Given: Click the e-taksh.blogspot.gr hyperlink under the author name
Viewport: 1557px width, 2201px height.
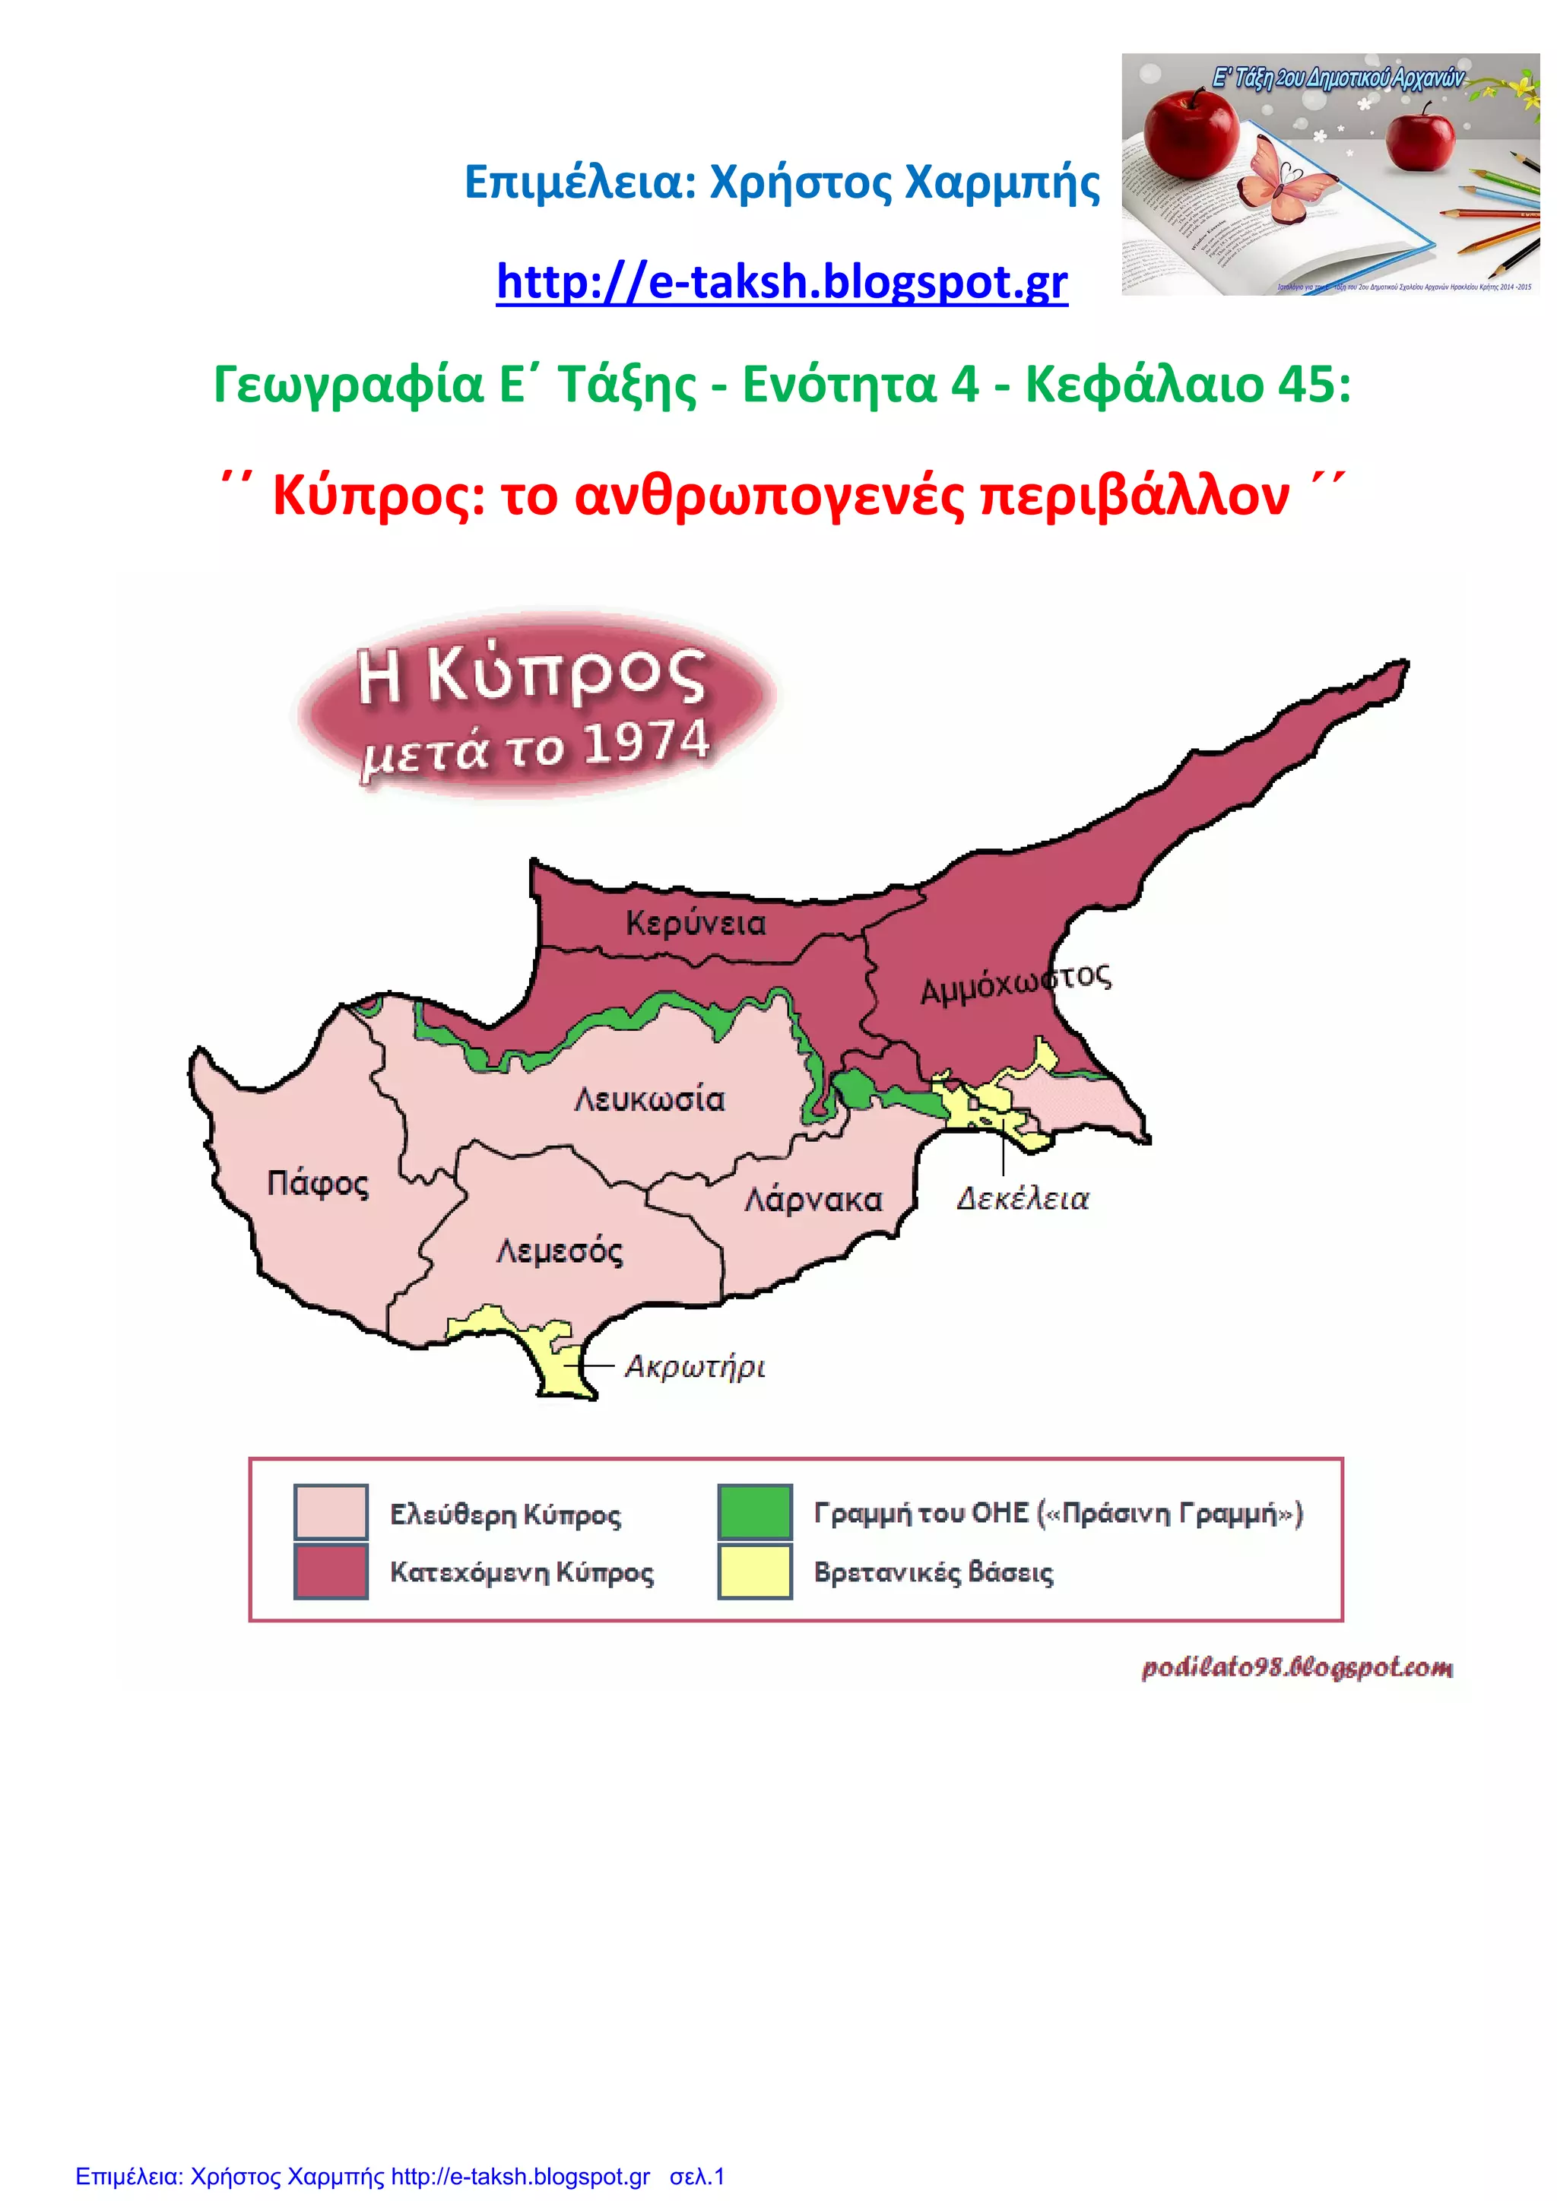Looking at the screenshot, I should point(782,282).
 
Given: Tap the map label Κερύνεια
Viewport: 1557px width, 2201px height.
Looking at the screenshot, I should point(696,923).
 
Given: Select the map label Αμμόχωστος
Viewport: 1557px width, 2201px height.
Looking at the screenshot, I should point(1014,982).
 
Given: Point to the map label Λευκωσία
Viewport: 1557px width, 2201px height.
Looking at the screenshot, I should point(649,1099).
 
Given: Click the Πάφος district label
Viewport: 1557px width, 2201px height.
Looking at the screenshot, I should point(317,1184).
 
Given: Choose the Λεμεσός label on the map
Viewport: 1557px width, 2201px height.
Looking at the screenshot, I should point(559,1251).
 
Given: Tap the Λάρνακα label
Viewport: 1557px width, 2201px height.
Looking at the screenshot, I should point(813,1200).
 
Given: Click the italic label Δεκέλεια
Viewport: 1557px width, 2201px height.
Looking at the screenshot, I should point(1023,1199).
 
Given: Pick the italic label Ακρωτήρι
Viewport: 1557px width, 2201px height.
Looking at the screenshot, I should point(695,1366).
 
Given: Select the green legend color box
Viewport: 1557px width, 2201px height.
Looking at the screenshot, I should point(754,1511).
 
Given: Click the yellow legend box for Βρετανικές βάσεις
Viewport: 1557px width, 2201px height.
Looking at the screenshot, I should point(754,1571).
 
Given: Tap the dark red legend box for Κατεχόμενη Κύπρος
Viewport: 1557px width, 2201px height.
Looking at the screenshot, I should point(331,1571).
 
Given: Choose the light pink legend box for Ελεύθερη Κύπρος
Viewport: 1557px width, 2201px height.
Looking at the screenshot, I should point(331,1511).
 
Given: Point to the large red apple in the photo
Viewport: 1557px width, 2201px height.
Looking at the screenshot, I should point(1190,132).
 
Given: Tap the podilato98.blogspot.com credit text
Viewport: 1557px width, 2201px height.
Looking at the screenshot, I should point(1296,1668).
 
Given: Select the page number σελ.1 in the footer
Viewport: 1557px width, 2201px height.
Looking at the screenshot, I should point(697,2175).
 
